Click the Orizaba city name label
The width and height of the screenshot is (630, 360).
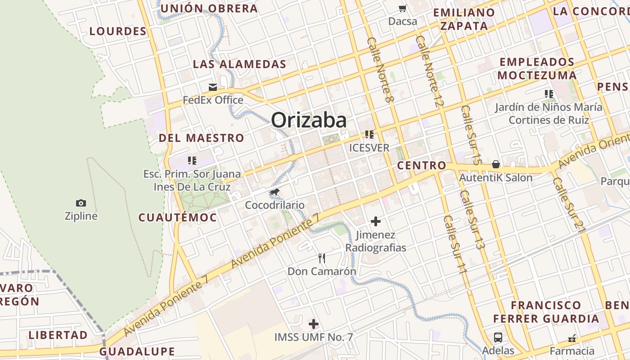[309, 120]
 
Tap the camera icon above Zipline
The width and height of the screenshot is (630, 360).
[81, 203]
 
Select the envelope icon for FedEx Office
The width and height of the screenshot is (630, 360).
[213, 87]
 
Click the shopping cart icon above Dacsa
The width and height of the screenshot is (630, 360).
[402, 8]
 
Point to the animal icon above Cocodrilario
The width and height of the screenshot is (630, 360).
[274, 193]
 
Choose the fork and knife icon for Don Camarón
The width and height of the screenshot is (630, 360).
[322, 258]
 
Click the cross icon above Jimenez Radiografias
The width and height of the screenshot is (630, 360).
[376, 221]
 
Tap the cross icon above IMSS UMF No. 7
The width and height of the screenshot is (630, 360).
[314, 324]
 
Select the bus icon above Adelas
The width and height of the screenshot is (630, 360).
[498, 337]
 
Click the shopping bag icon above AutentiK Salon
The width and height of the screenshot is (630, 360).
[496, 164]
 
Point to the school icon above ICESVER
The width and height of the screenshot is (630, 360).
[369, 135]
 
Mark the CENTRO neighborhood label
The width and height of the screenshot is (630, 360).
[422, 166]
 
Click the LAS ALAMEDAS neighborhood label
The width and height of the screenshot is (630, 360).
[239, 64]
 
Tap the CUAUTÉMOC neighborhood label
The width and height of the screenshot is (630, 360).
[177, 218]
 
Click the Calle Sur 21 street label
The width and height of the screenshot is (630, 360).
[569, 205]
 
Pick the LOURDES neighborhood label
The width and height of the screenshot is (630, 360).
[118, 31]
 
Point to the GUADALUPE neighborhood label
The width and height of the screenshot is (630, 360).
[137, 351]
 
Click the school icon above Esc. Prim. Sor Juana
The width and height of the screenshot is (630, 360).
[192, 161]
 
